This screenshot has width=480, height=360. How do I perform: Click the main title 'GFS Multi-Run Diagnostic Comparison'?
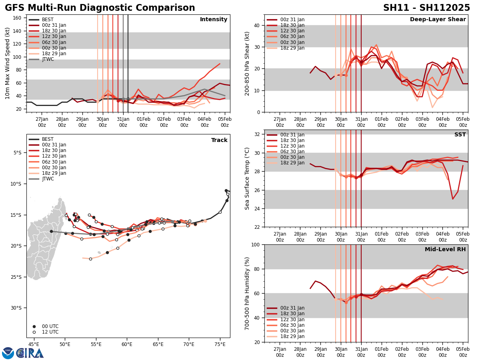pos(100,8)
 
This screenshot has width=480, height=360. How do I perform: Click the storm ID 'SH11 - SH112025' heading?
pos(426,8)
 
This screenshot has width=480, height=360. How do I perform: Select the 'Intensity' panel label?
pos(214,19)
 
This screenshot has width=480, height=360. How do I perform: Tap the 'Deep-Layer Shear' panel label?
pos(438,20)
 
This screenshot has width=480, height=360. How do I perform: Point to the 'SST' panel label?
pos(460,135)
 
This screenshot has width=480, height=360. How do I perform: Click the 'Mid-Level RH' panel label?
pos(445,250)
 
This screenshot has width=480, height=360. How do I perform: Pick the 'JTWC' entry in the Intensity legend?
pos(48,59)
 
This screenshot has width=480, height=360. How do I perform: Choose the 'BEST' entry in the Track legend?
pos(48,139)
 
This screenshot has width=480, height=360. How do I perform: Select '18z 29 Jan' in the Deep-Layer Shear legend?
pos(292,48)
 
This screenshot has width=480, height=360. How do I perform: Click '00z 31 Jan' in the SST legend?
pos(292,135)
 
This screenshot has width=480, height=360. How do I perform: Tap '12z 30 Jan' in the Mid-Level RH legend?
pos(292,320)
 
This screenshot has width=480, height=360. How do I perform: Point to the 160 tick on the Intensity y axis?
pos(18,18)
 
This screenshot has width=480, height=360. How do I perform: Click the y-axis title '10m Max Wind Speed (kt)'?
pos(7,63)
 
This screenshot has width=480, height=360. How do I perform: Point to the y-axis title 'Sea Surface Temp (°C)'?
pos(247,178)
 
